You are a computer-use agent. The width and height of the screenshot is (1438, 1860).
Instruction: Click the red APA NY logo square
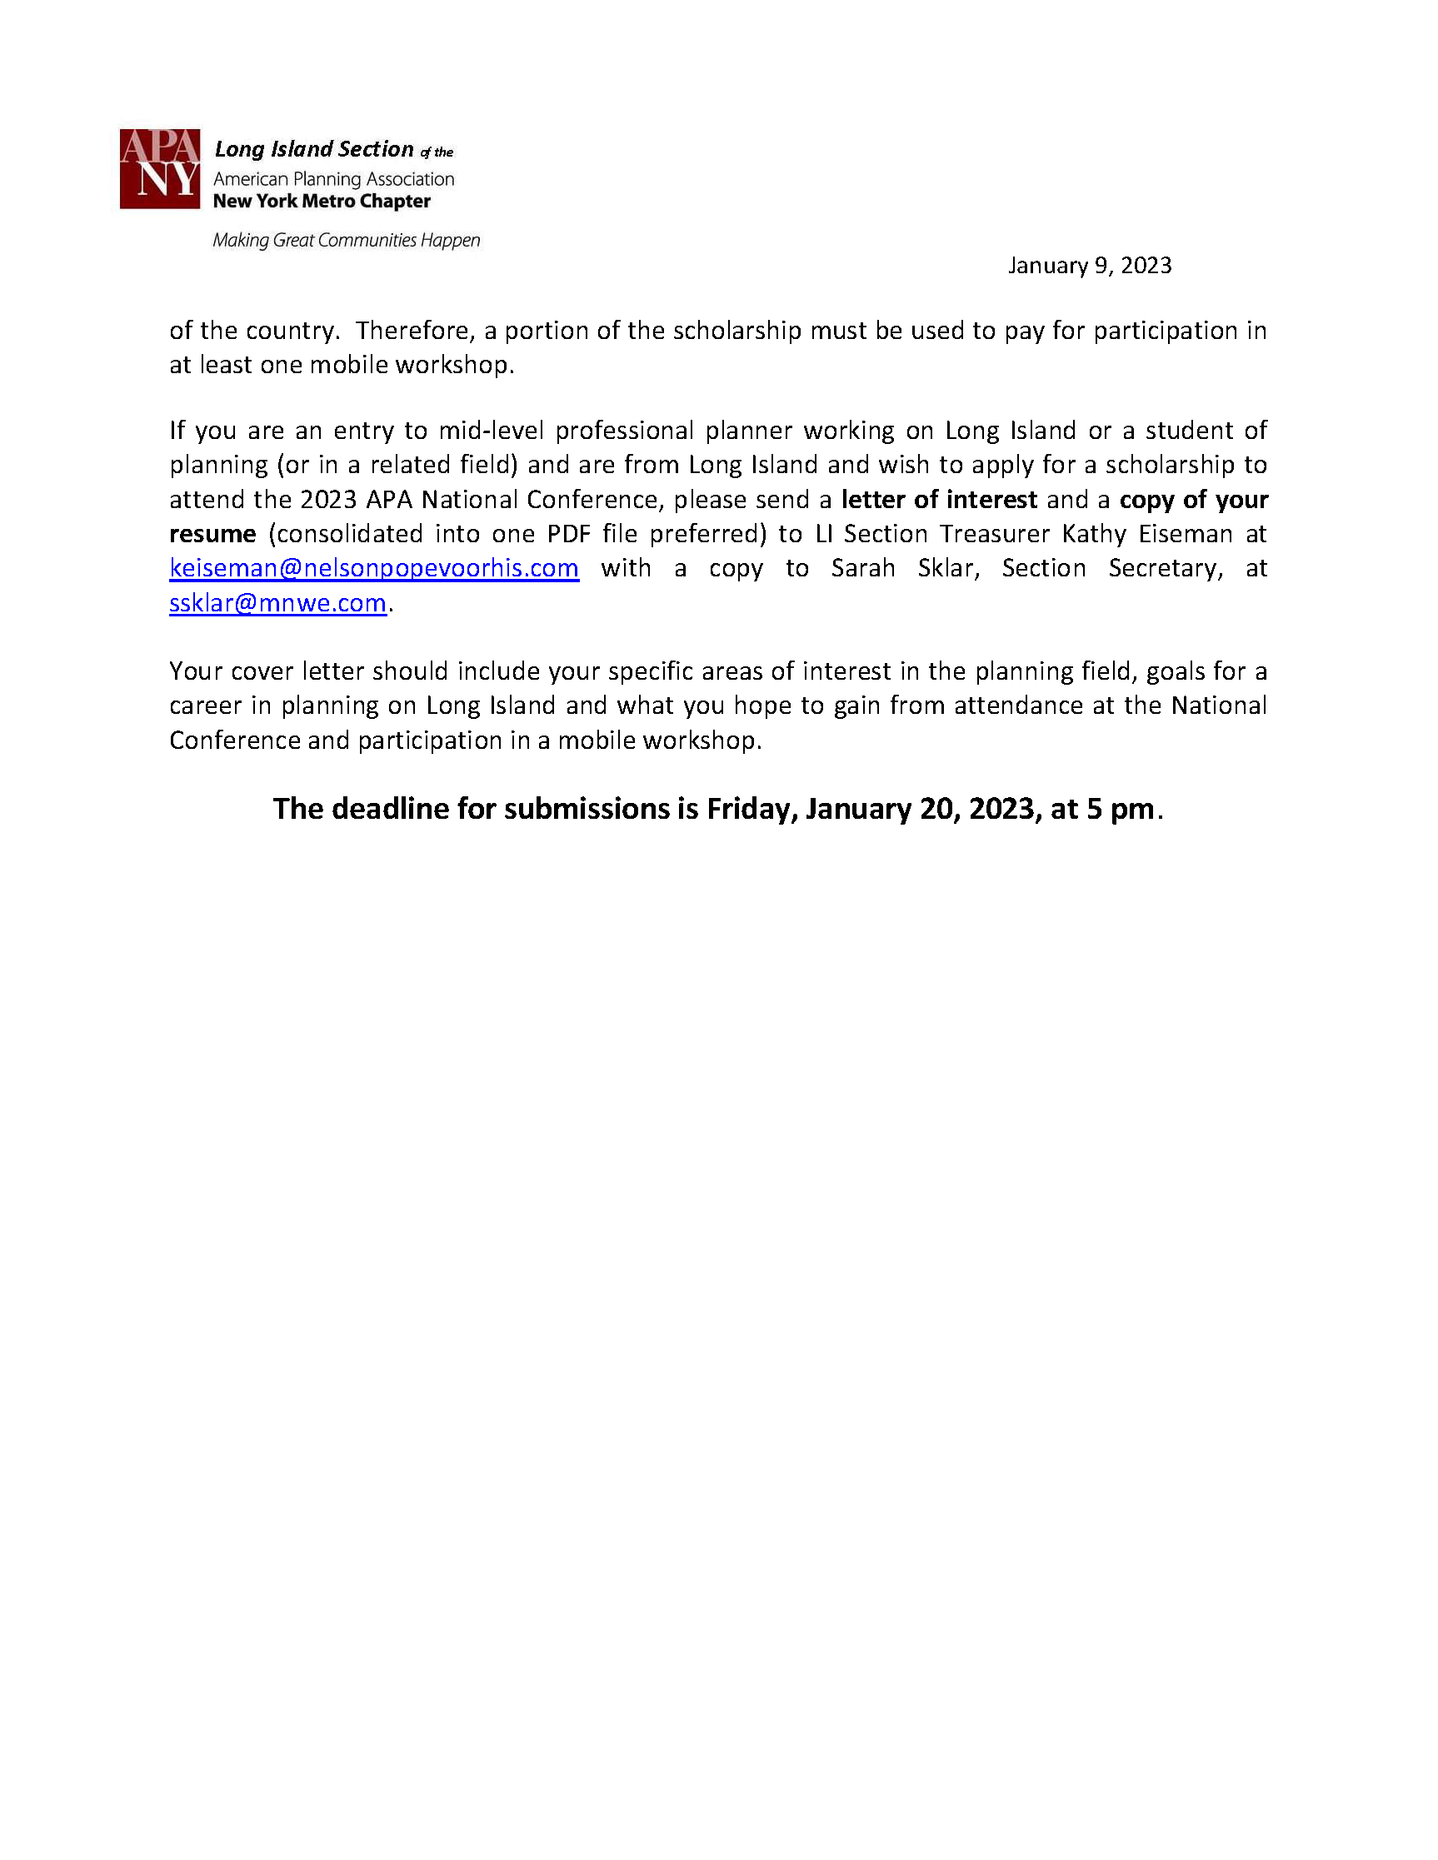pos(159,168)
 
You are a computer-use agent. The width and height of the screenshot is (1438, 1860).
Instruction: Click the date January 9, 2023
pos(1090,266)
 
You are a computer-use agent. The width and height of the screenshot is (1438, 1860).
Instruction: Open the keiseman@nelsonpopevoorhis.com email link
pos(374,568)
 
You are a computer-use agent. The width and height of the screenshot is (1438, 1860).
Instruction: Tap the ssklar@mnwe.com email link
pos(277,603)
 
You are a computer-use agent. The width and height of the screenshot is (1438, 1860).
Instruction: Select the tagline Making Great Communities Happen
pos(346,240)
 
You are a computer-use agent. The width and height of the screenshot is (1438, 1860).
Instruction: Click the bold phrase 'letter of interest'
pos(939,499)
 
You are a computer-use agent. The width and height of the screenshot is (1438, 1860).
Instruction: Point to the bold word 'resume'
pos(212,534)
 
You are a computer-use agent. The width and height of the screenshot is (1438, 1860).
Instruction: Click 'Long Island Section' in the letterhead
pos(313,149)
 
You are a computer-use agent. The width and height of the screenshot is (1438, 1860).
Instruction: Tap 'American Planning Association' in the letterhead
pos(333,179)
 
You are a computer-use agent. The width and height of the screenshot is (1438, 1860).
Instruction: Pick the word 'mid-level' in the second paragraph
pos(491,430)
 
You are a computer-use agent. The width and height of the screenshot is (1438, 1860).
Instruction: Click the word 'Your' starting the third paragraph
pos(195,671)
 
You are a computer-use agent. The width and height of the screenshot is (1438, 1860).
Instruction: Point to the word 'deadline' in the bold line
pos(389,808)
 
